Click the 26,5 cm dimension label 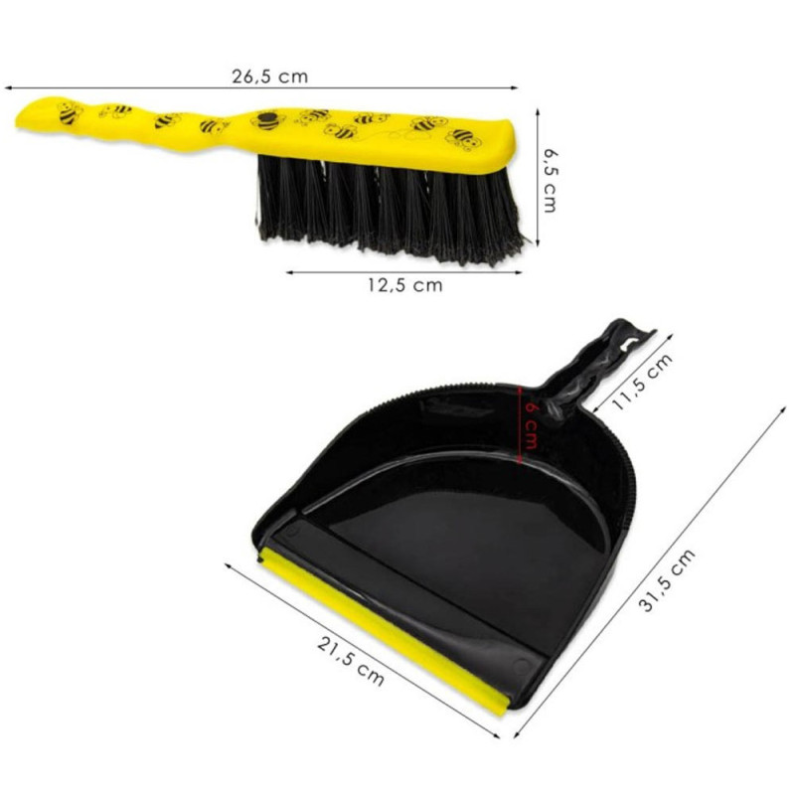tap(269, 77)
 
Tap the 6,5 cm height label tap(550, 180)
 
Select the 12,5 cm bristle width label tap(405, 285)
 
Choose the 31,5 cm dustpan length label tap(666, 580)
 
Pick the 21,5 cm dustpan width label tap(351, 661)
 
